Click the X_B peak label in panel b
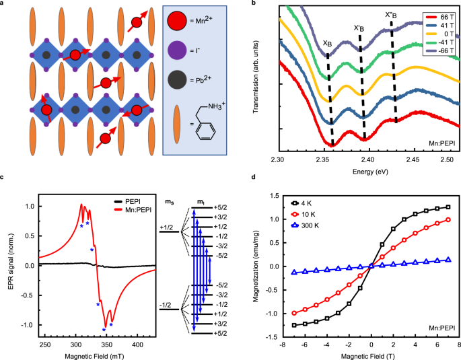[x=327, y=42]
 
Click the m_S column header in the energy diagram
[x=169, y=201]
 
